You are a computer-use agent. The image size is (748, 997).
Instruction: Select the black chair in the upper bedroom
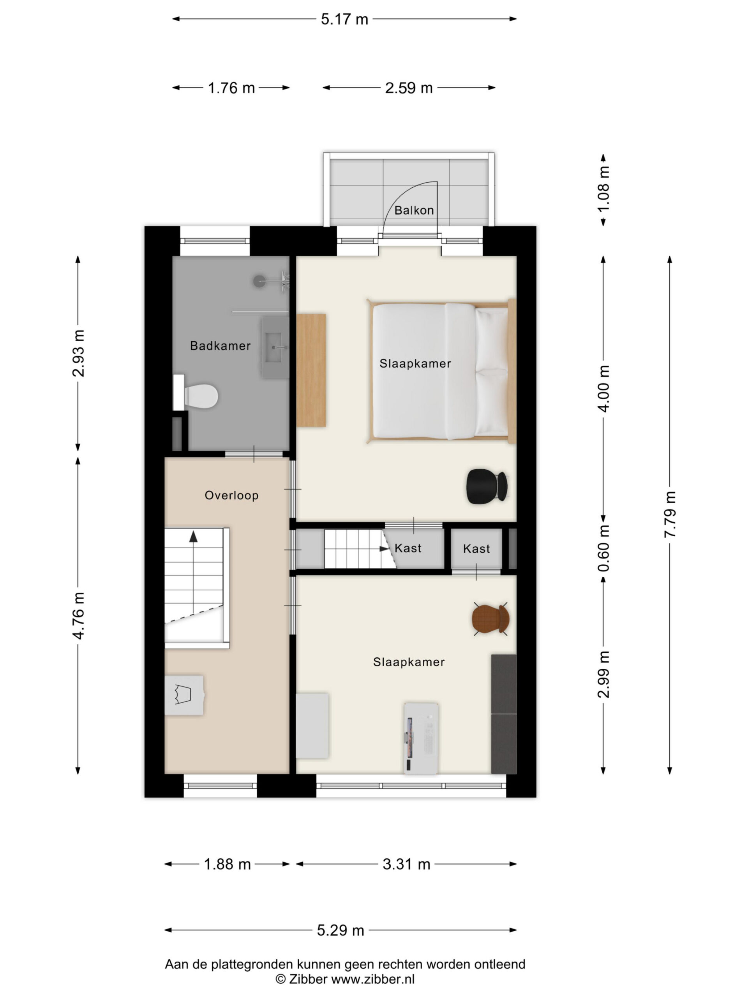coord(487,486)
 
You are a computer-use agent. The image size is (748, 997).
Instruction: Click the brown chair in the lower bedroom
coord(490,619)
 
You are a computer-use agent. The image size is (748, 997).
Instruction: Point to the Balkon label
coord(414,210)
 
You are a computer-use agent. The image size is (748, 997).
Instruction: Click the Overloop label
coord(231,495)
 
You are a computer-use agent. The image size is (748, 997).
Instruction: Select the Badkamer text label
coord(220,346)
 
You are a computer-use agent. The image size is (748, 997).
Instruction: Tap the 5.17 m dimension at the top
coord(344,19)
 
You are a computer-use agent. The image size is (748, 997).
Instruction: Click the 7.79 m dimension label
coord(670,514)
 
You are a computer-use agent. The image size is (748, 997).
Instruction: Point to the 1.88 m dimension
coord(227,865)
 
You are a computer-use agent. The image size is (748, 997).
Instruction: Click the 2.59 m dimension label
coord(409,88)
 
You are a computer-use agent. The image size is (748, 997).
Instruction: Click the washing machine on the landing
coord(184,695)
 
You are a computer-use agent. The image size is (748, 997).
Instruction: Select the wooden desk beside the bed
coord(311,370)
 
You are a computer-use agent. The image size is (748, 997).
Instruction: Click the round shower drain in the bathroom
coord(259,281)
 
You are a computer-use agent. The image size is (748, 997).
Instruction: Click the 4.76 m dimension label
coord(78,616)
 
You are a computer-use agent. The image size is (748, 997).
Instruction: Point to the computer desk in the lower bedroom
coord(421,738)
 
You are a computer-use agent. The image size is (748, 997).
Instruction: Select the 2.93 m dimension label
coord(78,353)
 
